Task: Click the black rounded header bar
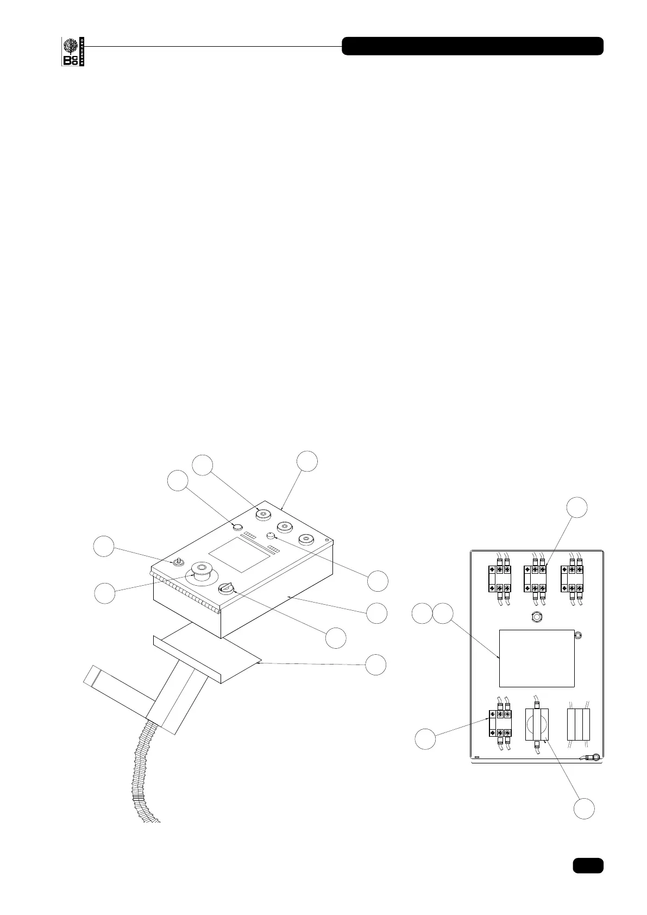472,46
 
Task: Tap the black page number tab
587,865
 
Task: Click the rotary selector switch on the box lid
226,588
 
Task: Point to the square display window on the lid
239,555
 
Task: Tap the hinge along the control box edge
185,593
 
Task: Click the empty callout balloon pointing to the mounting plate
376,665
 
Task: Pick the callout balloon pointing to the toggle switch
103,546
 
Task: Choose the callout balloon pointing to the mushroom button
104,593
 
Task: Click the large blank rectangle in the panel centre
537,658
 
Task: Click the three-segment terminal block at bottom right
578,724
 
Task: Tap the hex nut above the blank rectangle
537,617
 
